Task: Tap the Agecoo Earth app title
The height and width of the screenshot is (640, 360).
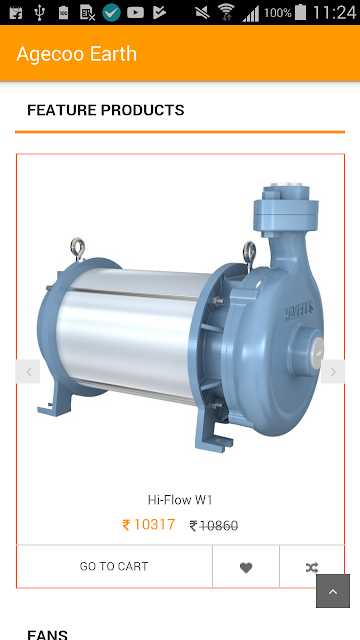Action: click(x=76, y=54)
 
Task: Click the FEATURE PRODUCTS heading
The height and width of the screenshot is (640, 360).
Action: click(x=106, y=110)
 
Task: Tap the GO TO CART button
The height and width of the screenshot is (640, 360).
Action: click(x=114, y=566)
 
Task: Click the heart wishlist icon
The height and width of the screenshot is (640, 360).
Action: click(x=246, y=567)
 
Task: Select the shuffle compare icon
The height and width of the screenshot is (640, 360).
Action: click(x=312, y=567)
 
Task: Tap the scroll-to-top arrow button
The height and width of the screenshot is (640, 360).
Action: click(x=333, y=591)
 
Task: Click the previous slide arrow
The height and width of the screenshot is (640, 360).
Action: click(x=28, y=371)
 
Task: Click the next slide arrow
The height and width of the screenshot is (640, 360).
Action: click(x=333, y=371)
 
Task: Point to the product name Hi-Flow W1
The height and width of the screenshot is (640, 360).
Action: click(x=180, y=500)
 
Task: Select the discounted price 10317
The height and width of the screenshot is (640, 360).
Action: click(x=149, y=524)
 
